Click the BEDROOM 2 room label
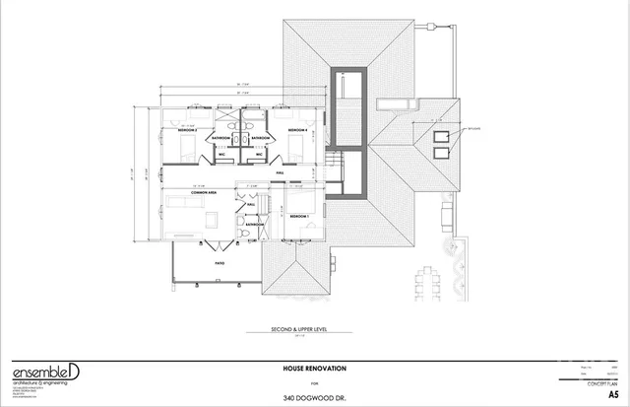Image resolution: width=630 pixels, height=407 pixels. (186, 130)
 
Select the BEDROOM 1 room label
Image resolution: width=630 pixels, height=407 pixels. (298, 215)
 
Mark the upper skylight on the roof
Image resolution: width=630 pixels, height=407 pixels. (439, 137)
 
